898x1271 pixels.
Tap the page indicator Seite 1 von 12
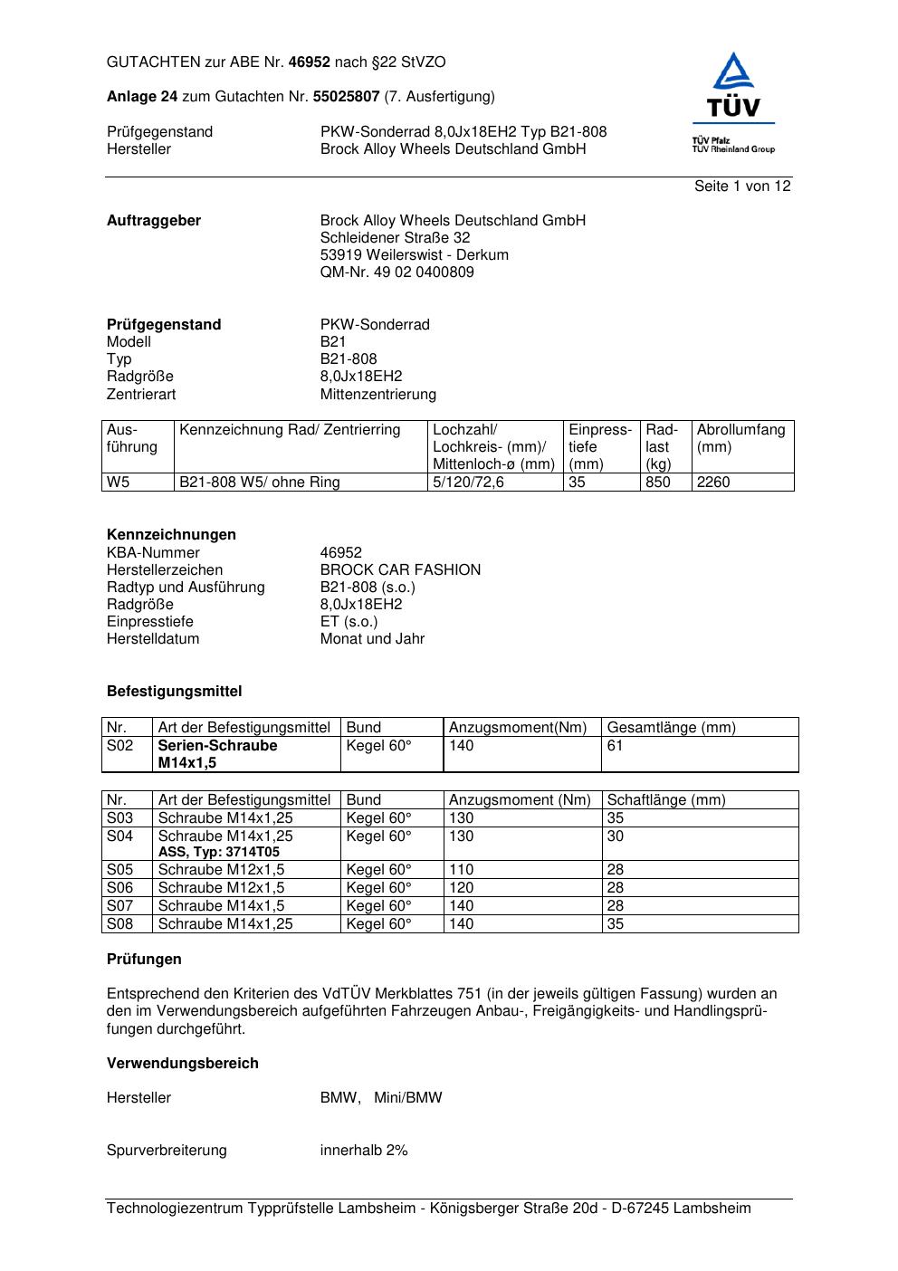742,186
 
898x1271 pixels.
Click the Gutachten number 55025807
346,97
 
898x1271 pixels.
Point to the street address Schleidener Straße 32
395,238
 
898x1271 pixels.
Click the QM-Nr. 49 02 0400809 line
396,272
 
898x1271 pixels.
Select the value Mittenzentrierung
377,395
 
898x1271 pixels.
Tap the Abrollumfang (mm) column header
740,438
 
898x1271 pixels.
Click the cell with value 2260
713,483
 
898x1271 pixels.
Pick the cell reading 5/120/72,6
468,483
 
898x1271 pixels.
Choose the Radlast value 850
657,483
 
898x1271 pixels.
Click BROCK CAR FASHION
400,570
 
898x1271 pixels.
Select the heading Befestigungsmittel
174,692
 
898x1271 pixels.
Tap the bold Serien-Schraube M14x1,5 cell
217,754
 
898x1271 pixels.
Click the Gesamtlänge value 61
615,746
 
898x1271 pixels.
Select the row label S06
119,888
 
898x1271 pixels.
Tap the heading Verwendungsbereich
182,1064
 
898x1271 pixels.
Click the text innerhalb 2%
364,1151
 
